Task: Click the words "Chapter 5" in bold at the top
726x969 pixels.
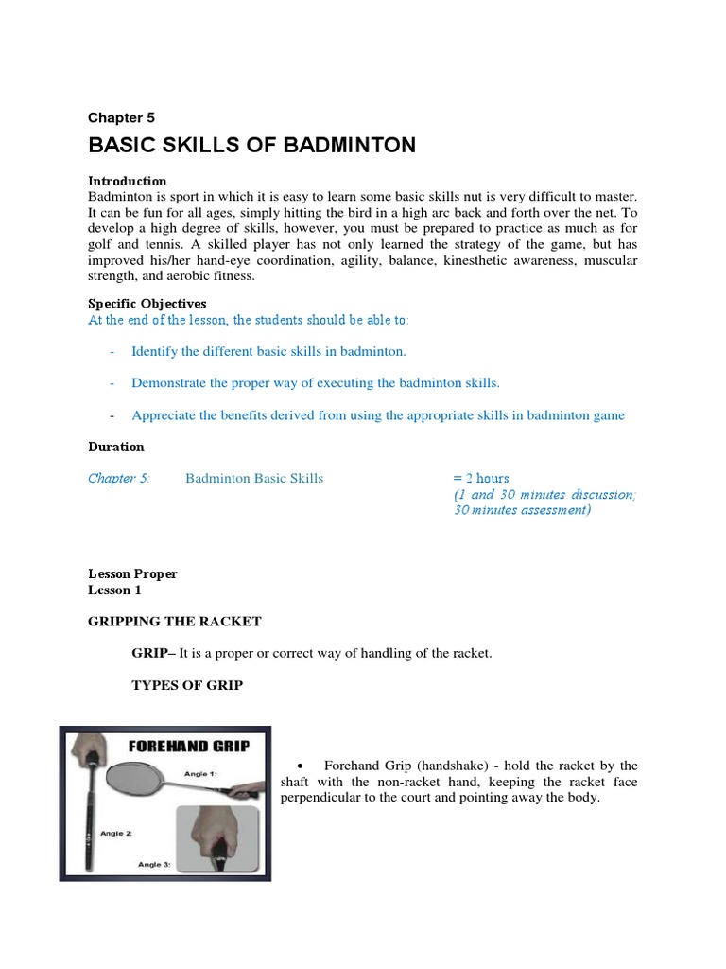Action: [121, 118]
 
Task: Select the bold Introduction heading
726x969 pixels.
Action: [127, 181]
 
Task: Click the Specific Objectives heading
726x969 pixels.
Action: [147, 304]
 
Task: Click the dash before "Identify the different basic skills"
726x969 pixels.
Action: [112, 352]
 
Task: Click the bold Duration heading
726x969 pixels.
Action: [116, 447]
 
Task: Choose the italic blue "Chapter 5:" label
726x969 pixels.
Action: [119, 478]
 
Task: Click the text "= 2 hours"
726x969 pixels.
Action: [480, 478]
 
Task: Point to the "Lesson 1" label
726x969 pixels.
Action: [114, 590]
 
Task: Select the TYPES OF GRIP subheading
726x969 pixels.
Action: [186, 685]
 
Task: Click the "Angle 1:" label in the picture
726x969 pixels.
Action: [201, 774]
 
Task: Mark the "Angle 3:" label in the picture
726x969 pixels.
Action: [153, 864]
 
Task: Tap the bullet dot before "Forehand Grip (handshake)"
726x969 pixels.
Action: [299, 766]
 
